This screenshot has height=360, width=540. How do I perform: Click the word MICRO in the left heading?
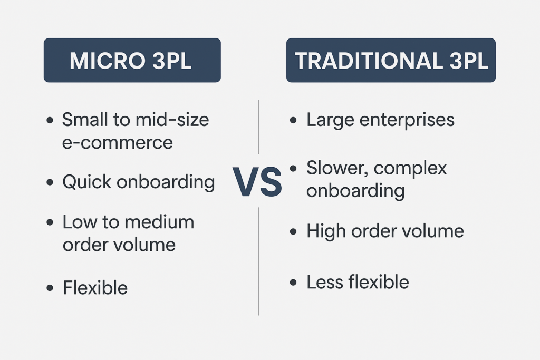pos(108,61)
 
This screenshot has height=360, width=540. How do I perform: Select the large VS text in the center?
pos(257,182)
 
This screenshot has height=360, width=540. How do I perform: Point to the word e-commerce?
pos(118,142)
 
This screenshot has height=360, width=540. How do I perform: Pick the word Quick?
pos(87,181)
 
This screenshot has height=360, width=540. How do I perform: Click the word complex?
pos(410,169)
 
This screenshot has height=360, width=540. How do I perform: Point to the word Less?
pos(324,282)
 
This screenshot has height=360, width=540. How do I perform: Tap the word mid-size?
pos(172,120)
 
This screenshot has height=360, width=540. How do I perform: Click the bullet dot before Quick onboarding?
pos(50,182)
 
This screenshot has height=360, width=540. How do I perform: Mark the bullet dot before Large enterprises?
pos(293,120)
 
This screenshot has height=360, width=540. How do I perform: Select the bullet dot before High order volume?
pos(293,231)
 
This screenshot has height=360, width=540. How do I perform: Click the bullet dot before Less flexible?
pos(293,283)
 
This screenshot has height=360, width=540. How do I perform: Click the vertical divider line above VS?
pos(258,127)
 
